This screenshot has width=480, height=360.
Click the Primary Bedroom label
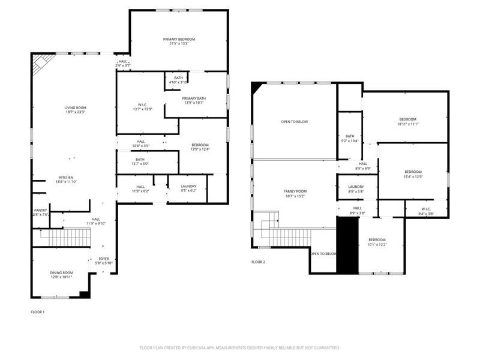point(179,39)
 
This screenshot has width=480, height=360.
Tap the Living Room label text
point(75,107)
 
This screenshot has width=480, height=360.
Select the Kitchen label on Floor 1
point(66,178)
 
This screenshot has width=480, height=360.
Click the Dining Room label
point(61,273)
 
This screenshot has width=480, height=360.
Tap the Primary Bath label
point(196,100)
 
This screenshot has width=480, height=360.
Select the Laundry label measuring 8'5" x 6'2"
point(188,186)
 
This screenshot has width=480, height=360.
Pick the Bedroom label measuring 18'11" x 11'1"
point(407,119)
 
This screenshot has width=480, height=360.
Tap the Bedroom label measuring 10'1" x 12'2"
point(377,240)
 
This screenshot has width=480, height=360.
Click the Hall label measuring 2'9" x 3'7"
point(123,61)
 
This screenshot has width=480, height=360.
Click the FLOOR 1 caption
point(38,312)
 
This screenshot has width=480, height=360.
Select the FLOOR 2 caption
point(258,262)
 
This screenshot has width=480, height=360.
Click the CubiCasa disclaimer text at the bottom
point(240,347)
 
